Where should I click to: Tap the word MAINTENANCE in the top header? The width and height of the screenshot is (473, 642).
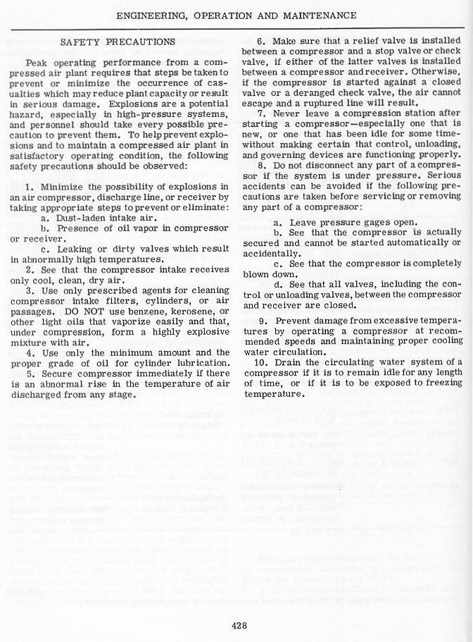pyautogui.click(x=311, y=15)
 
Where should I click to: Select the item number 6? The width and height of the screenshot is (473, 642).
pyautogui.click(x=260, y=42)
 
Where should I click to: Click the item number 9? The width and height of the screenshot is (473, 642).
pyautogui.click(x=260, y=330)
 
